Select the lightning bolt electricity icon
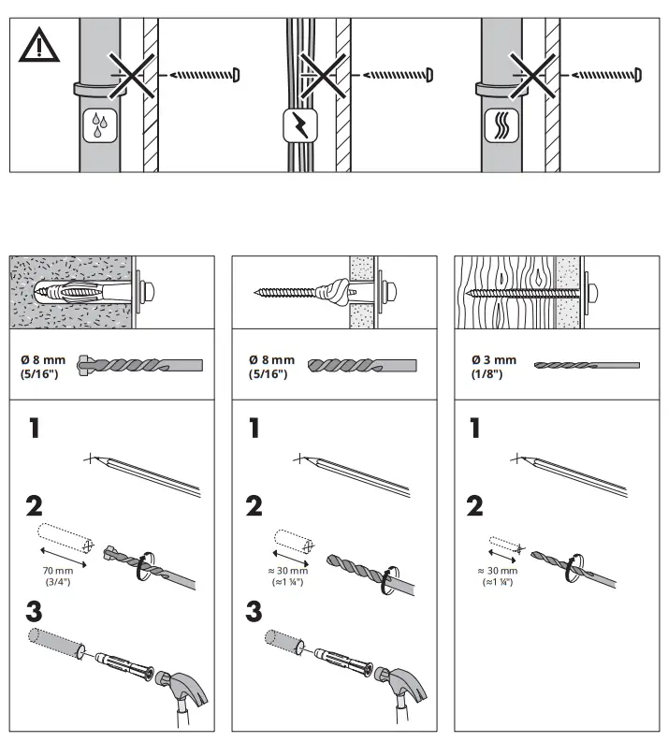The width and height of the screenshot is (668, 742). click(x=298, y=124)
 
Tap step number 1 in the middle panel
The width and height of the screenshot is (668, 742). click(x=254, y=429)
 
